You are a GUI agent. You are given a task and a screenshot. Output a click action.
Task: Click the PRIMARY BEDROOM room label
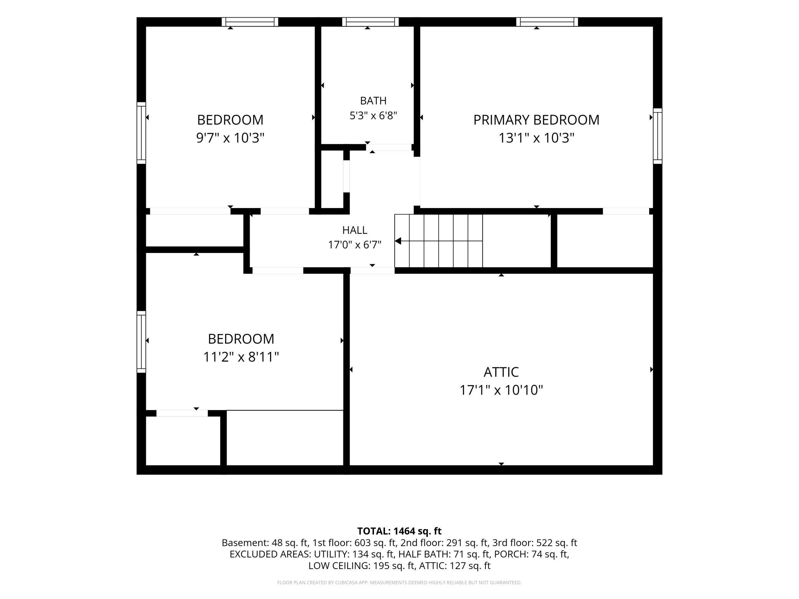point(536,120)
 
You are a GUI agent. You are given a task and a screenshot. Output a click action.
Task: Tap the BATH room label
point(373,101)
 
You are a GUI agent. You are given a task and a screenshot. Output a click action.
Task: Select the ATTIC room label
point(501,372)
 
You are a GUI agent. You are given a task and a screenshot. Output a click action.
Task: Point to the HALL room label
point(355,230)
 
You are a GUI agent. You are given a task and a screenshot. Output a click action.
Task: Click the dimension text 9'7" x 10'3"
point(230,137)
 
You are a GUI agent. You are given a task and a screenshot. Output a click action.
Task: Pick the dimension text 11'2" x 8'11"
point(241,357)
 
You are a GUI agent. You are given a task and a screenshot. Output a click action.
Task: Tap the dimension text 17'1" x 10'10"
point(501,390)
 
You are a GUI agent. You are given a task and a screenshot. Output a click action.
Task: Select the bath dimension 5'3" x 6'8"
point(373,115)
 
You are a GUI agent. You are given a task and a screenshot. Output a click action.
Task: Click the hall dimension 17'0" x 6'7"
point(355,245)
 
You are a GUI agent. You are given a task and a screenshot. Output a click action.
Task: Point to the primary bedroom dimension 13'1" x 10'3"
point(536,137)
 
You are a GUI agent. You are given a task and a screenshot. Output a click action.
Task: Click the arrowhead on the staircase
point(398,241)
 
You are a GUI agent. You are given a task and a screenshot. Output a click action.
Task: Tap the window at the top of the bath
point(370,22)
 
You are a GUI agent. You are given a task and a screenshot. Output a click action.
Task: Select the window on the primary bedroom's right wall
point(658,136)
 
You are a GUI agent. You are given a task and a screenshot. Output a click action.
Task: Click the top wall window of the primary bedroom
point(547,22)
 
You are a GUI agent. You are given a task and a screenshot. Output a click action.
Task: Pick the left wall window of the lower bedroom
point(141,342)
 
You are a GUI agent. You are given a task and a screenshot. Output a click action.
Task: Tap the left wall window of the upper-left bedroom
point(141,133)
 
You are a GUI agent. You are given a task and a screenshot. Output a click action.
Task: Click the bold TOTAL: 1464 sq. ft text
point(399,531)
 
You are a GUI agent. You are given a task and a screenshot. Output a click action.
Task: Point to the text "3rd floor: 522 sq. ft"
point(535,543)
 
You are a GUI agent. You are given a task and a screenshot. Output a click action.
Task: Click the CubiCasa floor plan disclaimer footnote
point(399,583)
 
